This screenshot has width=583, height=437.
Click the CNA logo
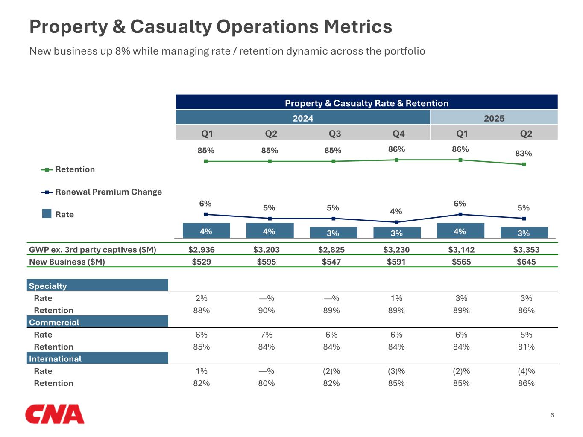pyautogui.click(x=55, y=414)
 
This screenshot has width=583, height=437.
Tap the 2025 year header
pyautogui.click(x=494, y=118)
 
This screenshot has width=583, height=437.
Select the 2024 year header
pyautogui.click(x=303, y=118)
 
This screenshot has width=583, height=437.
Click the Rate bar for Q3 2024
pyautogui.click(x=333, y=233)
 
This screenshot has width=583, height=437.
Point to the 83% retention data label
pyautogui.click(x=523, y=154)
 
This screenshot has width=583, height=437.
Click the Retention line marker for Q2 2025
pyautogui.click(x=524, y=164)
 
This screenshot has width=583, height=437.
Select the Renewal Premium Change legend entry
pyautogui.click(x=108, y=192)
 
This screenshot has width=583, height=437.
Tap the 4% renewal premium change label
pyautogui.click(x=396, y=211)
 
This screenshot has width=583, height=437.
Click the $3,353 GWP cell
pyautogui.click(x=526, y=250)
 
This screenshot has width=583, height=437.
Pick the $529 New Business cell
pyautogui.click(x=201, y=262)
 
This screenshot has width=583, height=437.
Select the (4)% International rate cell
pyautogui.click(x=526, y=371)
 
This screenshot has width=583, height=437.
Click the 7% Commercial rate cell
pyautogui.click(x=266, y=335)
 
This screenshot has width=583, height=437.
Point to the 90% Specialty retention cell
pyautogui.click(x=266, y=310)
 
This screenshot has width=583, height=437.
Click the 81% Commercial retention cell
pyautogui.click(x=526, y=347)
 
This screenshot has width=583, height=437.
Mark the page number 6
pyautogui.click(x=552, y=415)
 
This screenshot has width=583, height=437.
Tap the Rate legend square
pyautogui.click(x=47, y=213)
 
